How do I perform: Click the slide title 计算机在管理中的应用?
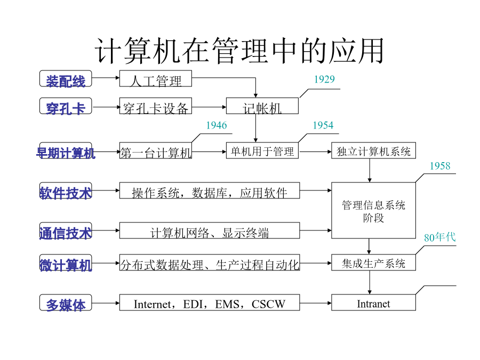click(239, 51)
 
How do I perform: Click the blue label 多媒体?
click(66, 303)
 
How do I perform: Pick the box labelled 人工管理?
click(156, 79)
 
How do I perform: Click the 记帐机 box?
click(262, 106)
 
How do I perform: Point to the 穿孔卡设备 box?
click(156, 106)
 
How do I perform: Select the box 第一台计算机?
click(156, 150)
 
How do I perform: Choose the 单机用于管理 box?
click(262, 150)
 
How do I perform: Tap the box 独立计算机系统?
click(373, 150)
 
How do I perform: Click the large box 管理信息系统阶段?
click(373, 211)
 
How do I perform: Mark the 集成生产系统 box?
click(373, 262)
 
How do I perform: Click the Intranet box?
click(373, 303)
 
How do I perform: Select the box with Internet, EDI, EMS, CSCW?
click(210, 303)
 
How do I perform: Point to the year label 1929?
click(324, 79)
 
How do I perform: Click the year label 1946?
click(217, 125)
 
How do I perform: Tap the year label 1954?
click(323, 125)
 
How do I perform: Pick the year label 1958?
click(440, 166)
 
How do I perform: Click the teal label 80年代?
click(439, 237)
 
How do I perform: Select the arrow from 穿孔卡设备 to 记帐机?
click(209, 107)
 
